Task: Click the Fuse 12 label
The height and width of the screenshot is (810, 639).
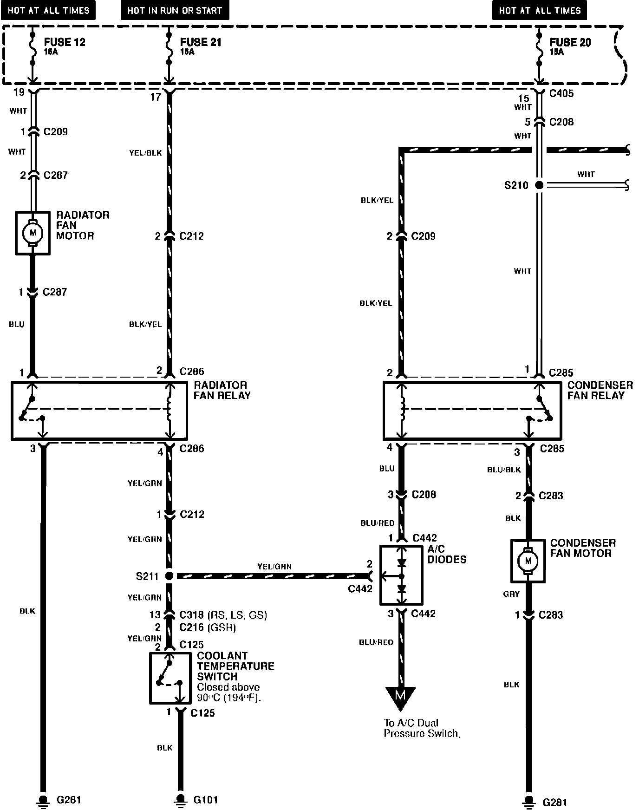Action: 65,43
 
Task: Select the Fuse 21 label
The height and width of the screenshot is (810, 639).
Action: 201,43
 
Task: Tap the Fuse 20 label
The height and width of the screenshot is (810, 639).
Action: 570,43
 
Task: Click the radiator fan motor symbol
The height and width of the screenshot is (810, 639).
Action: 33,233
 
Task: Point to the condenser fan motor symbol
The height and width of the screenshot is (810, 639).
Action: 528,561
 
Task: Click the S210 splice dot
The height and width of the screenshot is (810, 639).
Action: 539,185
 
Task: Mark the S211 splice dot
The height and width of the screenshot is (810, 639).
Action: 170,576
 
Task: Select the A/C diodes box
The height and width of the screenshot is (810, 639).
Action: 401,575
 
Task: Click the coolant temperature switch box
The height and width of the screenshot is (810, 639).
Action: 170,678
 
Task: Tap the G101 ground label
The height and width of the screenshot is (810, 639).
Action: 205,800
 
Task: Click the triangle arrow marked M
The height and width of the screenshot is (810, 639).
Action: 400,697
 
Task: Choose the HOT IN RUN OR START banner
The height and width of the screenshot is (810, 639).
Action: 175,10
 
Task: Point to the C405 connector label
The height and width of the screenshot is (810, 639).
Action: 561,93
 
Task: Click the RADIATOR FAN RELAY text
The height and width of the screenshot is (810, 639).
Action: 222,390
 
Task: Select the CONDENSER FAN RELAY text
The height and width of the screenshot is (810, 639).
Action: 600,390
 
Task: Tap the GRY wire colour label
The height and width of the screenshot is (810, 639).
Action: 511,594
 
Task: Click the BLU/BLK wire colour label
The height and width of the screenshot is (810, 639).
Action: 504,470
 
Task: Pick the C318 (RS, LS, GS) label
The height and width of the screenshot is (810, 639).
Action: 223,615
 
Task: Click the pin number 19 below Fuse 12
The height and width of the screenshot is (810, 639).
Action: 19,92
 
